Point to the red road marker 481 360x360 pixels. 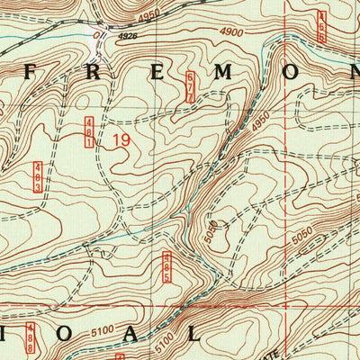coord(90,132)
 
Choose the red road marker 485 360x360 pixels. coord(166,267)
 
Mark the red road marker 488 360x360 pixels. coord(31,337)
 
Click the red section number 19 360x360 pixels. coord(121,140)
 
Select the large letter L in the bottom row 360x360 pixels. coord(195,332)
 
